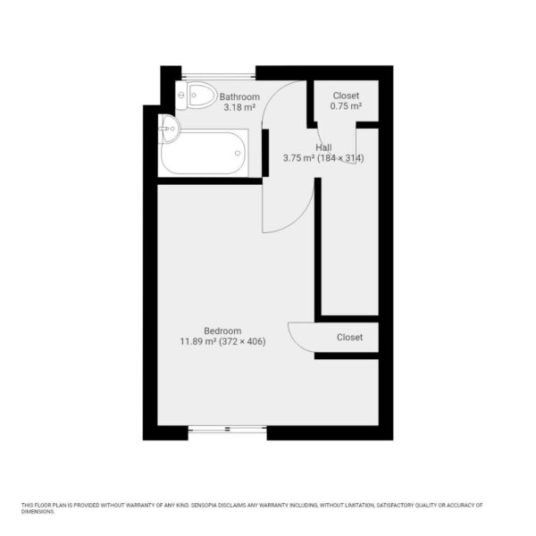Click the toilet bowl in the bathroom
pyautogui.click(x=202, y=95)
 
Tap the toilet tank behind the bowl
pyautogui.click(x=181, y=95)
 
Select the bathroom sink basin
pyautogui.click(x=171, y=129)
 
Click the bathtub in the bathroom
pyautogui.click(x=204, y=153)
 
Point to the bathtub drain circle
pyautogui.click(x=238, y=153)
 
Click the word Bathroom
pyautogui.click(x=239, y=96)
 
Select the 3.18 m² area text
pyautogui.click(x=239, y=107)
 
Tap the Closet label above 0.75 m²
pyautogui.click(x=346, y=96)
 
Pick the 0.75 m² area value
pyautogui.click(x=346, y=106)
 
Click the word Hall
pyautogui.click(x=323, y=147)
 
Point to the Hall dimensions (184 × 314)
pyautogui.click(x=341, y=158)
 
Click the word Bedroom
pyautogui.click(x=222, y=331)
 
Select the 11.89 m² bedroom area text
pyautogui.click(x=198, y=341)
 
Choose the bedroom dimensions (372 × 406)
pyautogui.click(x=242, y=341)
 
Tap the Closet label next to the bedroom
pyautogui.click(x=349, y=338)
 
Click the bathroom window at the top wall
pyautogui.click(x=219, y=76)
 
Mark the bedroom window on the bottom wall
pyautogui.click(x=227, y=429)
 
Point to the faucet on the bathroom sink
pyautogui.click(x=163, y=129)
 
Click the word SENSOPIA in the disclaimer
pyautogui.click(x=204, y=505)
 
